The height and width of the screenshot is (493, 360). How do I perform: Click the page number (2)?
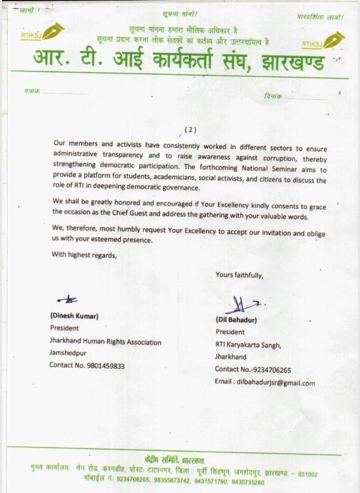tap(191, 130)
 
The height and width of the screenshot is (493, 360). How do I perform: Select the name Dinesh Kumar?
tap(74, 316)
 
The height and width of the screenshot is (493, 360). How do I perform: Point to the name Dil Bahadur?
tap(236, 320)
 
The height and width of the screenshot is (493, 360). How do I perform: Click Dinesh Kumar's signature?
tap(67, 299)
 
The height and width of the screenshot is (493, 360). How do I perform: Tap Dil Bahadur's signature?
tap(244, 305)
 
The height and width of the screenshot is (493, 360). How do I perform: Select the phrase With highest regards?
tap(84, 255)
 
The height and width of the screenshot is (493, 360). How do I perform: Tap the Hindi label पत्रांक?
tap(32, 92)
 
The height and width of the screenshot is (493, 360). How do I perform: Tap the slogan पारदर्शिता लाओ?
tap(320, 17)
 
